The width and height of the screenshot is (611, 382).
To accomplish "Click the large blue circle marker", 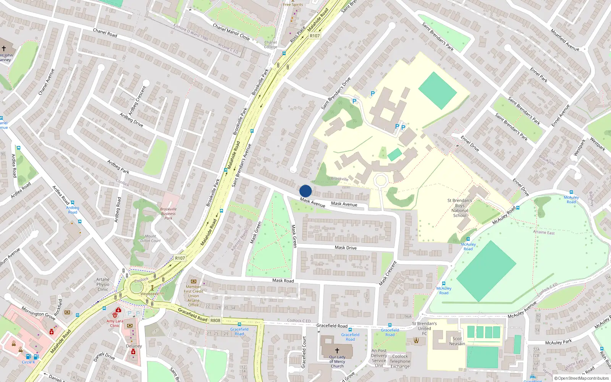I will pos(305,191).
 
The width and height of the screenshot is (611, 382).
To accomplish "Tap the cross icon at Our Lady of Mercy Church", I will pos(337,350).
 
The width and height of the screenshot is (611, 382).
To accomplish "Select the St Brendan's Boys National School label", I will pos(460,208).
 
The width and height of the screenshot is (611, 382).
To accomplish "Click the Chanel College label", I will pos(270,45).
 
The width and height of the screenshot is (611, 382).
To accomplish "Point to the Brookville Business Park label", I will pos(168,214).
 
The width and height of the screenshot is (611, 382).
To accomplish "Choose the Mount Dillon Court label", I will pos(150,238).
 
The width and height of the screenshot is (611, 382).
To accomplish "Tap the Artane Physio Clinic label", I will pos(103,284).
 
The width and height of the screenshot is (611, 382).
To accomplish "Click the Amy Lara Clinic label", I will pos(115,323).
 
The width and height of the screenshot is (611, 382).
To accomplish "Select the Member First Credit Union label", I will pos(194,296).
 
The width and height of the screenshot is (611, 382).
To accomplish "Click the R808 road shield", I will pos(215,320).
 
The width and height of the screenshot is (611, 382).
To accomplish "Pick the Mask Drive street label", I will pos(346,248).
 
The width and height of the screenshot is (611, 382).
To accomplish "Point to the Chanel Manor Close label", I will pos(231,32).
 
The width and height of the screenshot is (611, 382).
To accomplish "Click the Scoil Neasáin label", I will pos(457,341).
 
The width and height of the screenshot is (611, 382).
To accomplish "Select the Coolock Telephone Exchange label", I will pos(400,361).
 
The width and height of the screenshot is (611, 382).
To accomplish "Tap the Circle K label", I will pos(28,362).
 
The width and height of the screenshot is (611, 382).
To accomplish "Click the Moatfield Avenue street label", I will pos(564,40).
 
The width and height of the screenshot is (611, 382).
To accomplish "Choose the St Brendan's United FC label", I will pos(424,328).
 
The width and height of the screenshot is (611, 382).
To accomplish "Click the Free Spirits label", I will pos(293,5).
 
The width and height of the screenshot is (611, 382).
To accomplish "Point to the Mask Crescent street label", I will pos(388,273).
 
